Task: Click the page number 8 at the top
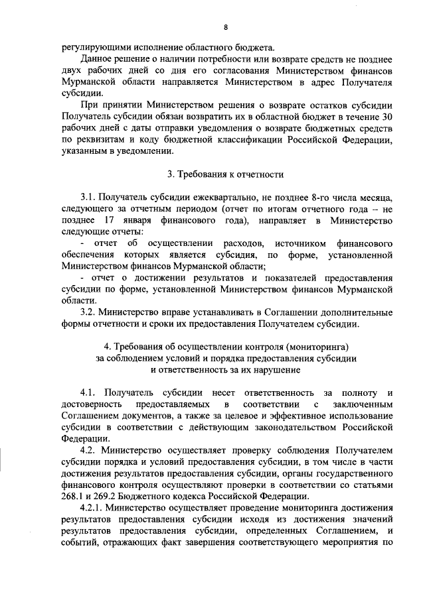click(226, 27)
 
